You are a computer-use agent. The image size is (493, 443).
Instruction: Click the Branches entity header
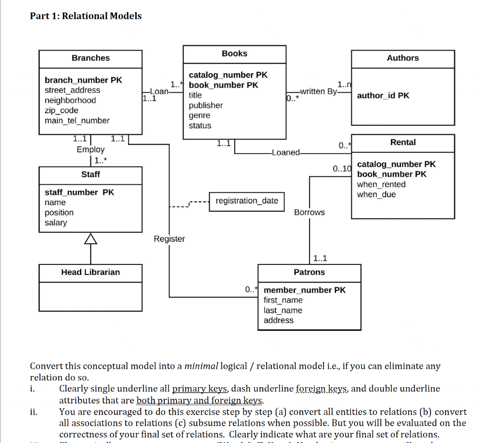(91, 58)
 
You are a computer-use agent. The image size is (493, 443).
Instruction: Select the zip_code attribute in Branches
(61, 110)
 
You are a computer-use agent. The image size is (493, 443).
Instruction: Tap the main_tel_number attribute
(77, 120)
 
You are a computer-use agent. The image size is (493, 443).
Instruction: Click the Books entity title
(234, 53)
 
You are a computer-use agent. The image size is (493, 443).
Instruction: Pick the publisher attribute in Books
(206, 105)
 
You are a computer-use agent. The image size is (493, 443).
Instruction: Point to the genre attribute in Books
(199, 116)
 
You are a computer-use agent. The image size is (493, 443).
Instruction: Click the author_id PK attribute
(383, 95)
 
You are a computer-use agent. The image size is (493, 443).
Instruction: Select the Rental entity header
(403, 143)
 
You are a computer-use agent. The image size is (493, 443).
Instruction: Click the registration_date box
(246, 201)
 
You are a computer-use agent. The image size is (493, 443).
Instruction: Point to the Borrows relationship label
(309, 212)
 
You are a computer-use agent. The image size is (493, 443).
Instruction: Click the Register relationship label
(169, 239)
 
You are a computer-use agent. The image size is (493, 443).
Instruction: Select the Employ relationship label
(91, 149)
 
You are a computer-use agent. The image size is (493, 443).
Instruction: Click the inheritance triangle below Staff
(91, 238)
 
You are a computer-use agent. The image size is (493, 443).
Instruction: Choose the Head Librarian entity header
(91, 272)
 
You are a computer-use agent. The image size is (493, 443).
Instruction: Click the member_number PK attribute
(304, 290)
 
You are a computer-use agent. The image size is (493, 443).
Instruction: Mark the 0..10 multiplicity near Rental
(342, 169)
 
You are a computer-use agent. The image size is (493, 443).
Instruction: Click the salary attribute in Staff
(56, 222)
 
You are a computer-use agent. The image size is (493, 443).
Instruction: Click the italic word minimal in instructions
(201, 366)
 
